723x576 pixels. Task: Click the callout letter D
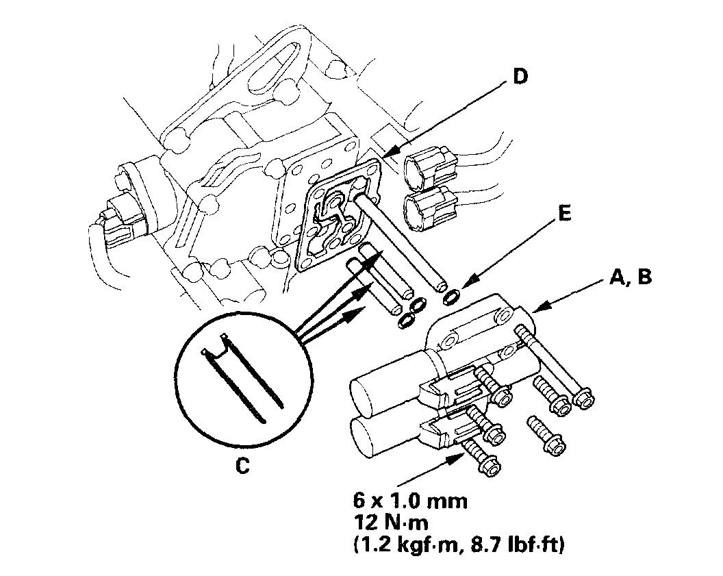click(521, 77)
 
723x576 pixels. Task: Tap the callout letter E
click(564, 214)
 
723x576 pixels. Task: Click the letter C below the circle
click(242, 465)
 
